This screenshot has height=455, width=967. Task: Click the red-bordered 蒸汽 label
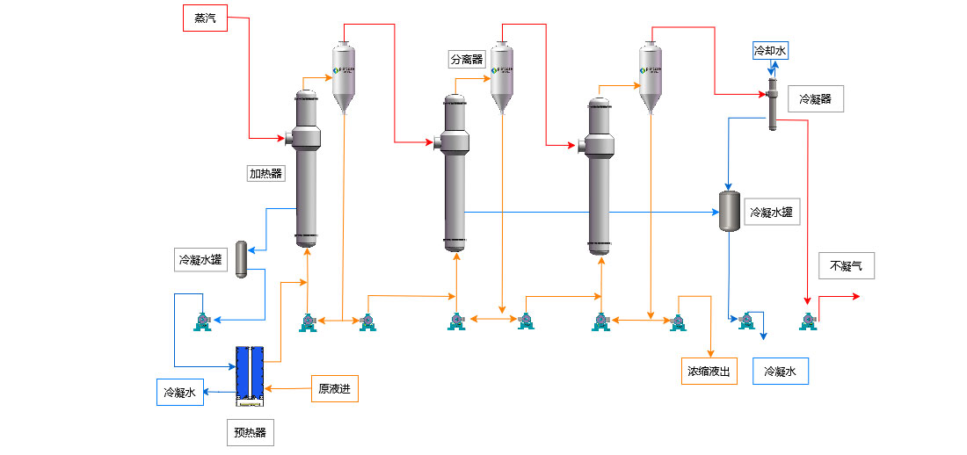pos(205,18)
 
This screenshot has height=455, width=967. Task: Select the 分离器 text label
pos(466,60)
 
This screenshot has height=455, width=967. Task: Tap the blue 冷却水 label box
pos(770,51)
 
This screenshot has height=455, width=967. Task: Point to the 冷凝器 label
pos(816,100)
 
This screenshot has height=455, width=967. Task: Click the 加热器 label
pos(266,173)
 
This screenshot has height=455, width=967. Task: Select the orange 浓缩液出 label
pos(709,372)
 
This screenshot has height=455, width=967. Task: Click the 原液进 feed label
pos(335,388)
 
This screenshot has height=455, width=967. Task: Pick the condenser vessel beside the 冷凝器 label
pos(772,104)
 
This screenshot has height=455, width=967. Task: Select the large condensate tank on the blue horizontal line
pos(729,211)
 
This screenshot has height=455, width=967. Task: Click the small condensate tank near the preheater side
pos(241,260)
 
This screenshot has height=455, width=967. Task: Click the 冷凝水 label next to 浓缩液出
pos(780,372)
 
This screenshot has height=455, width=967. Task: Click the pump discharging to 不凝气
pos(808,321)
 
